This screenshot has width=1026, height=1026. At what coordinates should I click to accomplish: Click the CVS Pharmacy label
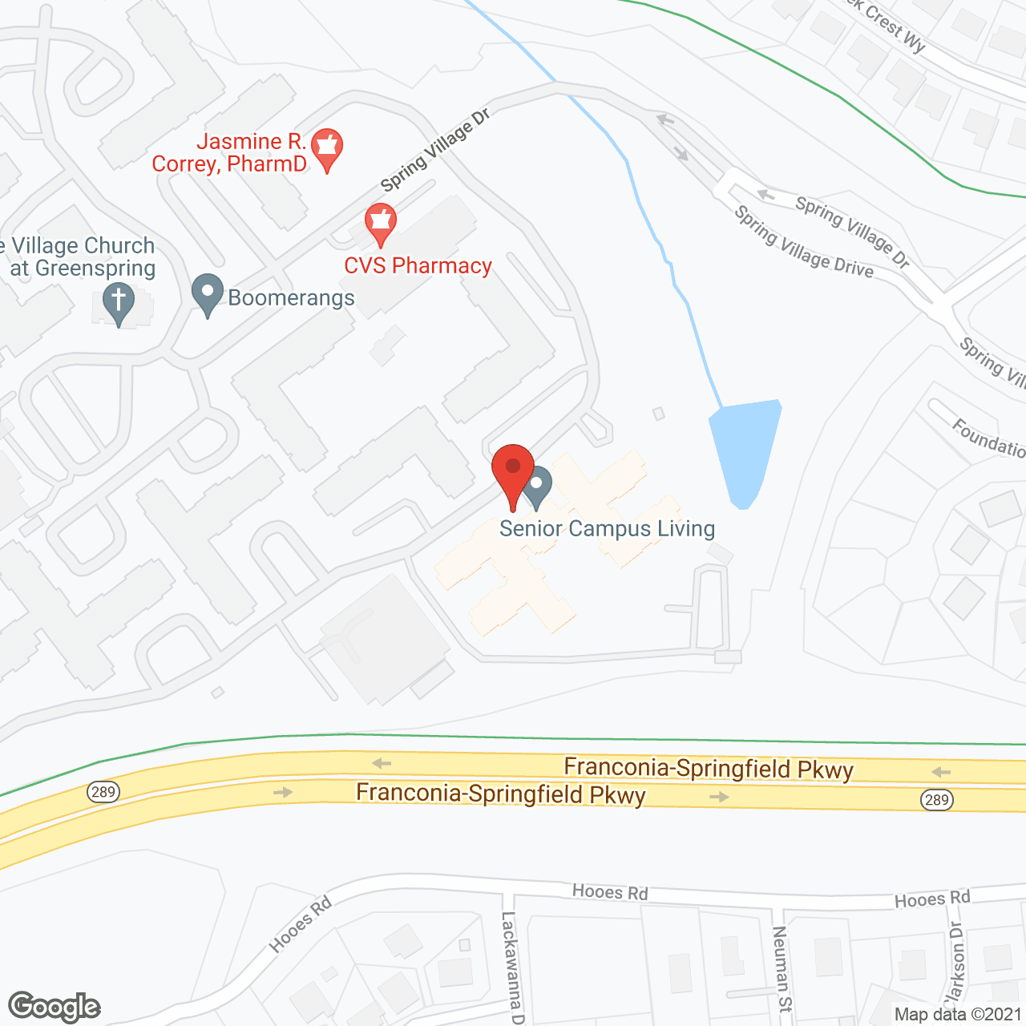tap(418, 266)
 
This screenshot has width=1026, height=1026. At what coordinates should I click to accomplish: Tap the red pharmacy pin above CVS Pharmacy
tap(381, 224)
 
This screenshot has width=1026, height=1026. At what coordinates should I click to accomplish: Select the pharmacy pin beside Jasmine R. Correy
tap(327, 150)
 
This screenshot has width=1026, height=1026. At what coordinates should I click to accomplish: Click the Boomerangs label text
tap(291, 298)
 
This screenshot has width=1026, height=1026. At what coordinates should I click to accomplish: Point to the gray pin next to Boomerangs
tap(208, 295)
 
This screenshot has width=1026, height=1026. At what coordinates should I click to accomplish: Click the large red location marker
tap(513, 473)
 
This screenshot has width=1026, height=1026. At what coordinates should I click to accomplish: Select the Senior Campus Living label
tap(607, 529)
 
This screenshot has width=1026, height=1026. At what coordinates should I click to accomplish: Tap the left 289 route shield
tap(103, 792)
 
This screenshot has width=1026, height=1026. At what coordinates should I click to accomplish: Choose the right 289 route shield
tap(936, 799)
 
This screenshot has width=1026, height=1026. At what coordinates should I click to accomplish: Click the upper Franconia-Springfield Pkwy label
tap(709, 769)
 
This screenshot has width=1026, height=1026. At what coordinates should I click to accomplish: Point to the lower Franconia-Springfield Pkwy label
tap(501, 794)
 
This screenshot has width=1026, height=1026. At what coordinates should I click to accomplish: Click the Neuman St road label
tap(781, 968)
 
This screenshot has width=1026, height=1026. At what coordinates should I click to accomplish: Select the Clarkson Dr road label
tap(954, 962)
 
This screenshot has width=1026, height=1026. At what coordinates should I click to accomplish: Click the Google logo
tap(55, 1007)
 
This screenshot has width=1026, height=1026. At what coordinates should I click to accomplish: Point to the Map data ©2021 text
tap(958, 1015)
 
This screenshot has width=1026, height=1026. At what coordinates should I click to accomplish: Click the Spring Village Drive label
tap(803, 242)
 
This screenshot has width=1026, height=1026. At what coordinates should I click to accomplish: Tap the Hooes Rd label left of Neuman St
tap(610, 892)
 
